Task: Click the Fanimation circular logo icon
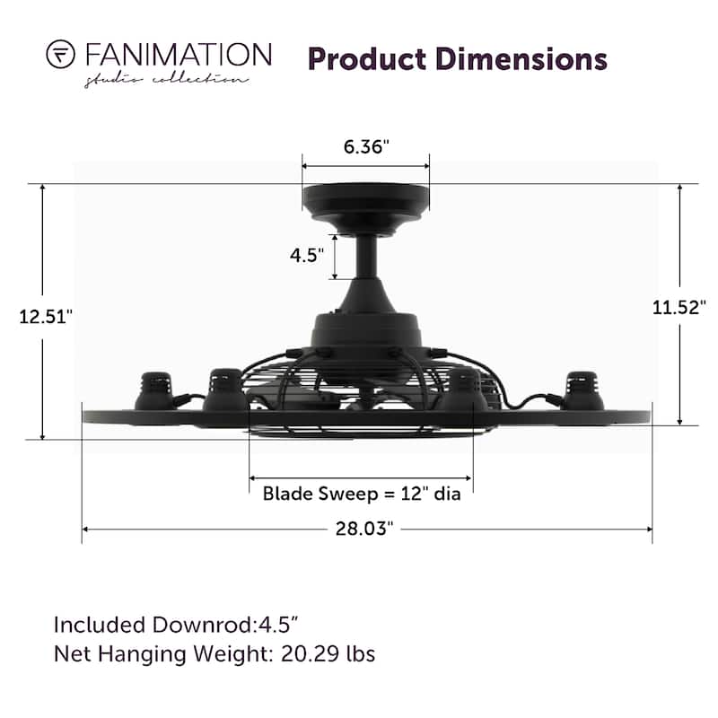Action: [60, 55]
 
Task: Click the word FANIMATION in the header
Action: [179, 55]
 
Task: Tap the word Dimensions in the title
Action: [521, 59]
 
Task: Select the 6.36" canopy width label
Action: [366, 147]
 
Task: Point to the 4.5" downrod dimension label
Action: [307, 255]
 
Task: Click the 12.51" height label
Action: [46, 317]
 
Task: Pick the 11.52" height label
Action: [679, 307]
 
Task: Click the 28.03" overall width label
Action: [364, 529]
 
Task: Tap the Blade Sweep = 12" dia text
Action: [362, 494]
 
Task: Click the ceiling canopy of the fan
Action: [366, 209]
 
